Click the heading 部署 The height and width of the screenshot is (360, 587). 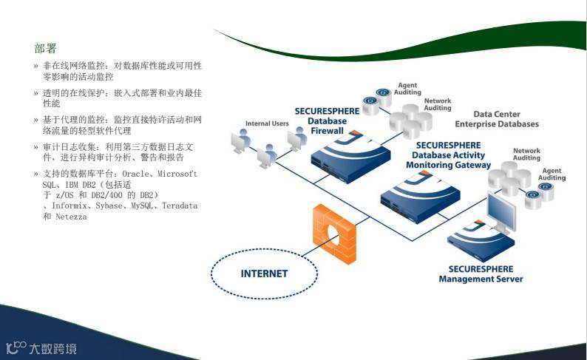[x=45, y=49]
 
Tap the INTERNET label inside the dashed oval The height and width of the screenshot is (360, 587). [x=264, y=274]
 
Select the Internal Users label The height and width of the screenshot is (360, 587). [x=267, y=123]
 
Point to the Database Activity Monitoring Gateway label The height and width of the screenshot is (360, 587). [x=448, y=155]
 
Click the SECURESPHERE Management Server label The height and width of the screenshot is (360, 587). [x=481, y=274]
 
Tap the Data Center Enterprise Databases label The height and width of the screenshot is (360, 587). [x=506, y=119]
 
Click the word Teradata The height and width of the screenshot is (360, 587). [x=180, y=206]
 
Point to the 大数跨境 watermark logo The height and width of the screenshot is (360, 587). [x=41, y=347]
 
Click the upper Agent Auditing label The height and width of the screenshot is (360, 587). [x=409, y=89]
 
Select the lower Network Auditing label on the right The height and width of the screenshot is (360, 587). [x=526, y=154]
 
